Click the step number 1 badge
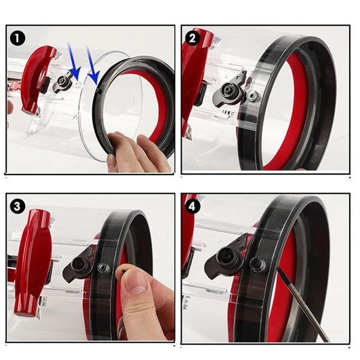(x=18, y=38)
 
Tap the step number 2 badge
(x=192, y=38)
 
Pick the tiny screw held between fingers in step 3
(x=123, y=271)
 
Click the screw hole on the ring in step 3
(x=103, y=268)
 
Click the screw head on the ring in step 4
(x=258, y=263)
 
